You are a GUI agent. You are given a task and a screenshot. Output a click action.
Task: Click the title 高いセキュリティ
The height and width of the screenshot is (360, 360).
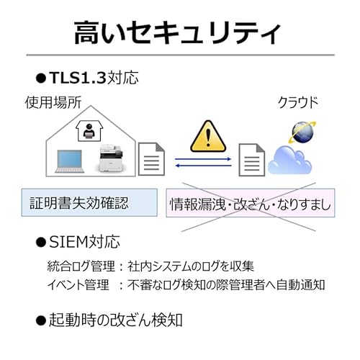pos(177,33)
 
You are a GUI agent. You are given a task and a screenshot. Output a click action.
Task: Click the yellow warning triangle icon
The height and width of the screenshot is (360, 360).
pos(208,136)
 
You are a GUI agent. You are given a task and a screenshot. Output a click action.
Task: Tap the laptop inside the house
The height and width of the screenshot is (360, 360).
pos(70,161)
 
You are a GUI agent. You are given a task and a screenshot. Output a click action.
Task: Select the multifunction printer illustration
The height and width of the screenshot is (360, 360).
pos(112,158)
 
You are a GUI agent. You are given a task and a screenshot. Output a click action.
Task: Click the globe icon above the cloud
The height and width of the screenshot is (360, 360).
pos(303,132)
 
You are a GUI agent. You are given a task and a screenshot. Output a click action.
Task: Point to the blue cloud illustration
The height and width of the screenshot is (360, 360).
pos(290,160)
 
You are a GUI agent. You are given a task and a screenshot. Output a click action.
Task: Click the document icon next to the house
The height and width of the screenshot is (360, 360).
pos(151,159)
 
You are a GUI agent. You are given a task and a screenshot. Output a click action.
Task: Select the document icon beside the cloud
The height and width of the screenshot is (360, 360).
pos(251,160)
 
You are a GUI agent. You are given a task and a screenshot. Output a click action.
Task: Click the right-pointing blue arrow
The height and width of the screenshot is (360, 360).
pos(203,159)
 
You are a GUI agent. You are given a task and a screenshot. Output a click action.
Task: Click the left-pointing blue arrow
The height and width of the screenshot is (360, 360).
pos(203,166)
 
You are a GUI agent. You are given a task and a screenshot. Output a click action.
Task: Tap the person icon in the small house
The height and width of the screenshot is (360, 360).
pos(89,131)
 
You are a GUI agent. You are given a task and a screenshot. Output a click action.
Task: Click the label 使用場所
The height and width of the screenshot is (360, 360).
pos(53,102)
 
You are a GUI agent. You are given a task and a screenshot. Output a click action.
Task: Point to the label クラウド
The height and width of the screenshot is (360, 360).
pos(298,102)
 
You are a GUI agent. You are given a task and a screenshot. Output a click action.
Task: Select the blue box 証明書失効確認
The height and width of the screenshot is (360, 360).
pos(89,202)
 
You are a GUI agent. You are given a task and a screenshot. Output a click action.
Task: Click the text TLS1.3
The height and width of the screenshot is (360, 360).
pos(78,78)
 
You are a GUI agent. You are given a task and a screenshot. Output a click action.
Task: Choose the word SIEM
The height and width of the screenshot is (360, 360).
pos(68,242)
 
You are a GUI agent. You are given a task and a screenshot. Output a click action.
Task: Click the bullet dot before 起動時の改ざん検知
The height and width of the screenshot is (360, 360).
pos(40,320)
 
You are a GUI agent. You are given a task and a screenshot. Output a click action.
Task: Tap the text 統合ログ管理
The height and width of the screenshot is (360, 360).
pos(81,266)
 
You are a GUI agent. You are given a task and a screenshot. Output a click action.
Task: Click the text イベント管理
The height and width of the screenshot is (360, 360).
pos(78,285)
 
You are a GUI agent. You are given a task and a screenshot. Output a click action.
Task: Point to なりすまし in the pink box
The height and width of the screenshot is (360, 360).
pos(304,204)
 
